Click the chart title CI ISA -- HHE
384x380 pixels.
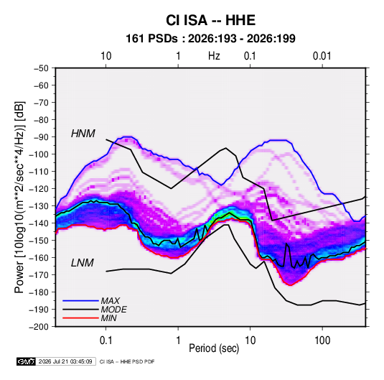pos(210,20)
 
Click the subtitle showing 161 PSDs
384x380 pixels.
pos(210,39)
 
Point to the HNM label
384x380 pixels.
pos(83,134)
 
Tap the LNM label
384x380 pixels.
pos(83,263)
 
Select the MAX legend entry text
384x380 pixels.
pos(111,301)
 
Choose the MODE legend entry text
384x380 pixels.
pos(113,310)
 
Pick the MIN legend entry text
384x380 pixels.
pos(108,318)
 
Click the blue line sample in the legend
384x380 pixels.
pos(80,301)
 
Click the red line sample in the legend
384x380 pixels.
pos(80,318)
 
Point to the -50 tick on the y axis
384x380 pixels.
pos(42,68)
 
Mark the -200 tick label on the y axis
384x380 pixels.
pos(39,327)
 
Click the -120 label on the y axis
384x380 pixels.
pos(39,188)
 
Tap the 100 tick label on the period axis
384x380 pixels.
pos(322,340)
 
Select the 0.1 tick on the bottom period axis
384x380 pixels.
pos(106,340)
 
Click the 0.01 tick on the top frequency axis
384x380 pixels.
pos(322,56)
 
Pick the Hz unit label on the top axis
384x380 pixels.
pos(214,56)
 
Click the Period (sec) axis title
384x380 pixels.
pos(214,348)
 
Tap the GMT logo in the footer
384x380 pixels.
pos(27,361)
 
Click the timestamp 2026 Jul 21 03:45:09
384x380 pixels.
pos(65,361)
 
